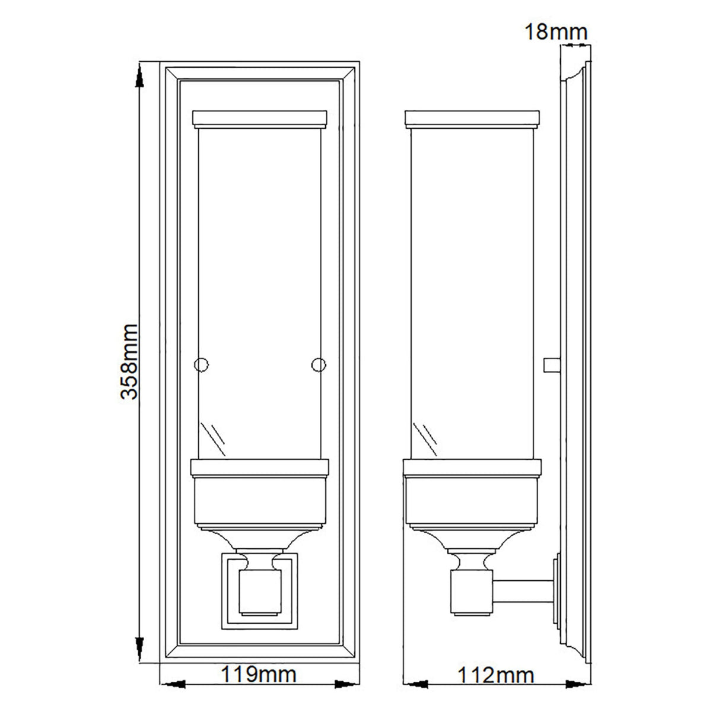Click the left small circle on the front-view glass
pos(202,363)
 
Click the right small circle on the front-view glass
pos(319,363)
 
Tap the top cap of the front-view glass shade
pos(260,119)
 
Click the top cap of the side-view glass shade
pos(472,119)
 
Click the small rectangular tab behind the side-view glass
pos(551,363)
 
